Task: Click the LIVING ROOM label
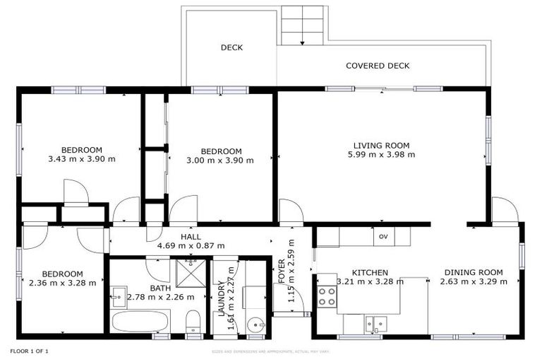coord(381,146)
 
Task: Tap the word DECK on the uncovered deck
coord(231,48)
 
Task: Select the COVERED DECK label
coord(378,66)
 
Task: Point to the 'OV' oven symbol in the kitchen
coord(384,235)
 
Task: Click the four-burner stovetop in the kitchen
coord(327,296)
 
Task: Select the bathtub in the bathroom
coord(140,322)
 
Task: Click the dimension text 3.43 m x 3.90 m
coord(81,159)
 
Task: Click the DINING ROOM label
coord(471,272)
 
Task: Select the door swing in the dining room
coord(504,211)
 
